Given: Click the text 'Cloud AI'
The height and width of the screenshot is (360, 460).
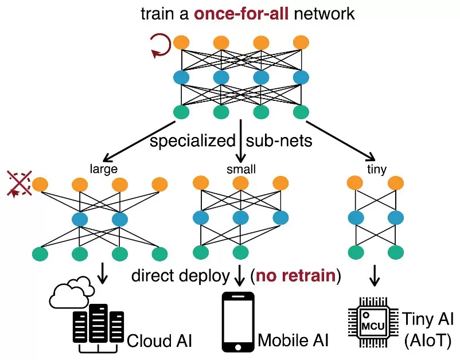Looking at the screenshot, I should point(158,341).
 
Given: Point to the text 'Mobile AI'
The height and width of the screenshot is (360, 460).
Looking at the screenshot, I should point(293,340).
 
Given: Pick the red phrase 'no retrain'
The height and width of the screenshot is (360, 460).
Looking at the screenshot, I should point(295,276).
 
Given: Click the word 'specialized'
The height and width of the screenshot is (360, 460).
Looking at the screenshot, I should point(192,140).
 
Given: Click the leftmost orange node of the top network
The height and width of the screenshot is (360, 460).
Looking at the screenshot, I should point(182,42).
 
